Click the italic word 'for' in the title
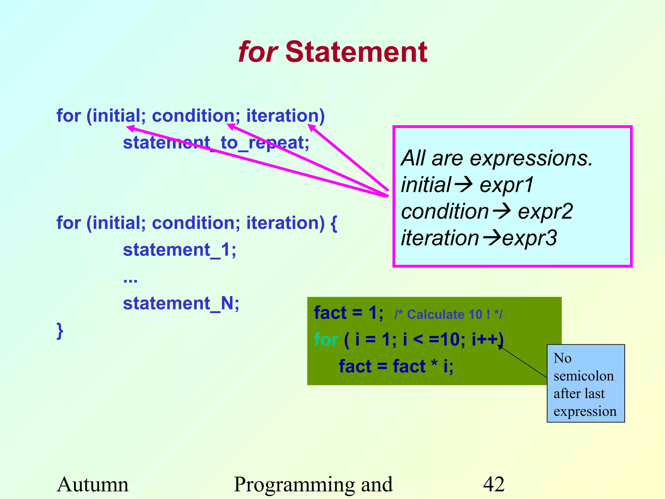click(257, 53)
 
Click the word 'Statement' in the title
click(356, 53)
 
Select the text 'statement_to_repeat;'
click(216, 143)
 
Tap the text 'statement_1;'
click(180, 250)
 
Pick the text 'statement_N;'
click(181, 304)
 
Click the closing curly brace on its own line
click(60, 331)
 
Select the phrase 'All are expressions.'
click(497, 159)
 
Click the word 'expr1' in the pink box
click(507, 185)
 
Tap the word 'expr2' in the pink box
click(545, 212)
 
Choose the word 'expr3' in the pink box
click(530, 238)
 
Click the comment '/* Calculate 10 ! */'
click(448, 314)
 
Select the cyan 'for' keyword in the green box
click(326, 340)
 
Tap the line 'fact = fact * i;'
click(396, 366)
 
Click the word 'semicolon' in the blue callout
click(583, 376)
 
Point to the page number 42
click(494, 484)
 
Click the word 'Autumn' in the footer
click(93, 484)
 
